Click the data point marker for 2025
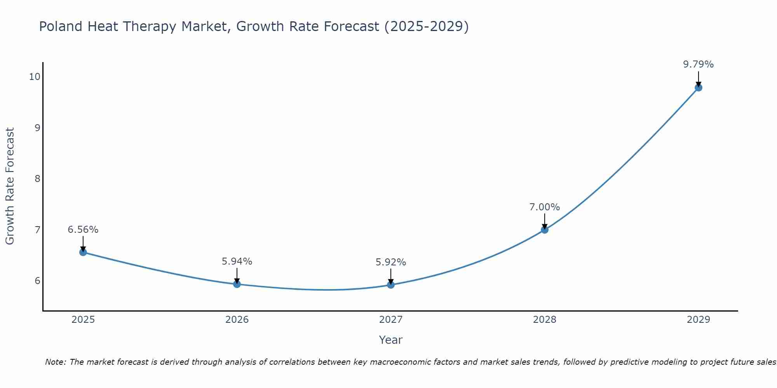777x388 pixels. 83,252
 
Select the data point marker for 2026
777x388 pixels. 237,284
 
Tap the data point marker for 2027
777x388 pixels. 391,285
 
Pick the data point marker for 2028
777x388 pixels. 545,230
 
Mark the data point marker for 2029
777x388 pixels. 699,88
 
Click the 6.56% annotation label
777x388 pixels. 83,230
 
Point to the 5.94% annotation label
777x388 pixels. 237,262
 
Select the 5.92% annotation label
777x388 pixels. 391,262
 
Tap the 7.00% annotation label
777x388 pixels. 545,207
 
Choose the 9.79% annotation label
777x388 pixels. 699,64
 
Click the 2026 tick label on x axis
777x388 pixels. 237,320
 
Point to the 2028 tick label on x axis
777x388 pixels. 545,320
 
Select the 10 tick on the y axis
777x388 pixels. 35,76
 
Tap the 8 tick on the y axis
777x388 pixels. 37,178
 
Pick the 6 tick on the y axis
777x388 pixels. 37,281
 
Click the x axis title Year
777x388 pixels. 391,340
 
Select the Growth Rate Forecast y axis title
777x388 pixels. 10,186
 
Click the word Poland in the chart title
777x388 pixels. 61,26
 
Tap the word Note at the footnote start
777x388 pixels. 56,362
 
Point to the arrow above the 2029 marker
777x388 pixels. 699,79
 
